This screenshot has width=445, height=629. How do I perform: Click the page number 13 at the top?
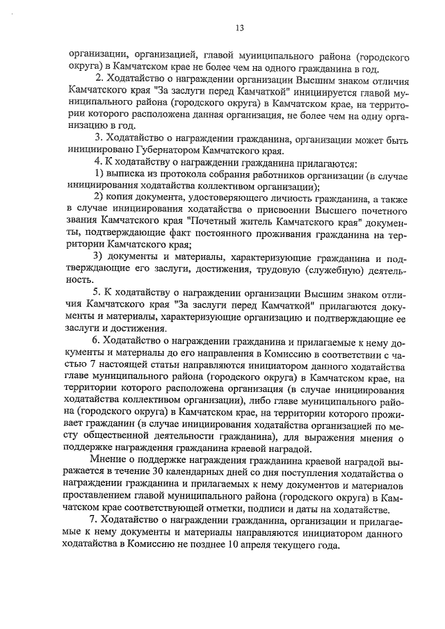tap(238, 28)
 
